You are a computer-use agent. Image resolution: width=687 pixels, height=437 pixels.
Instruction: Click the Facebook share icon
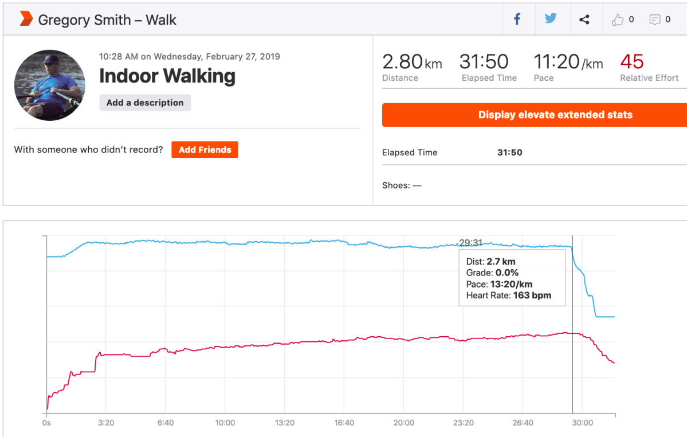[x=517, y=19]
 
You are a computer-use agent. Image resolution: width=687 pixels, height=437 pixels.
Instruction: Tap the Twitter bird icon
[x=551, y=19]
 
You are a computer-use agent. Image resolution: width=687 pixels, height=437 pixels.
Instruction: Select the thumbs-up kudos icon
[x=617, y=20]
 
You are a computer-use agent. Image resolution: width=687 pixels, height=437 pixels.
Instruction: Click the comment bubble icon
[x=654, y=20]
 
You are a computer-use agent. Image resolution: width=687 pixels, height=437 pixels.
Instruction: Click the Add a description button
[x=145, y=103]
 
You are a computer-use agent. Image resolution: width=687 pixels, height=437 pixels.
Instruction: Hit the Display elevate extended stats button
[x=535, y=115]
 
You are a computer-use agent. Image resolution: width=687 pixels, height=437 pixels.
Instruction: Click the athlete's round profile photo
[x=50, y=85]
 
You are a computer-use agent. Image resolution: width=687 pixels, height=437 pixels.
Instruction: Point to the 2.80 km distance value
[x=411, y=62]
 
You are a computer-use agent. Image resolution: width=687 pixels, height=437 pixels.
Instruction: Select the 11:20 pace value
[x=568, y=62]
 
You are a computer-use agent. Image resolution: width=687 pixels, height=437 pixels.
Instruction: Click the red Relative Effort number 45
[x=632, y=61]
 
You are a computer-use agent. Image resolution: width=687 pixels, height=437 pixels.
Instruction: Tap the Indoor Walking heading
[x=167, y=76]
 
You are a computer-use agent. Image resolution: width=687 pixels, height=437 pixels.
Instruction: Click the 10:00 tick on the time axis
[x=225, y=423]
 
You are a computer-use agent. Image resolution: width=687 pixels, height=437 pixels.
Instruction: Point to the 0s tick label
[x=46, y=423]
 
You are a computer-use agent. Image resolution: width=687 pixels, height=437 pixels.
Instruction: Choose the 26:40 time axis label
[x=523, y=423]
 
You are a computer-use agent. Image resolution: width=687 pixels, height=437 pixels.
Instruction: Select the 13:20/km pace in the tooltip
[x=511, y=284]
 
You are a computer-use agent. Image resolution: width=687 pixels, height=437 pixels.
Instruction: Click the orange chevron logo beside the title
[x=26, y=19]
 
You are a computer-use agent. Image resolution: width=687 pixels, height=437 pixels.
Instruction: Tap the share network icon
[x=584, y=20]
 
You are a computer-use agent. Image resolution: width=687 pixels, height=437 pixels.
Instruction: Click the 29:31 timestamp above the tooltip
[x=471, y=243]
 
